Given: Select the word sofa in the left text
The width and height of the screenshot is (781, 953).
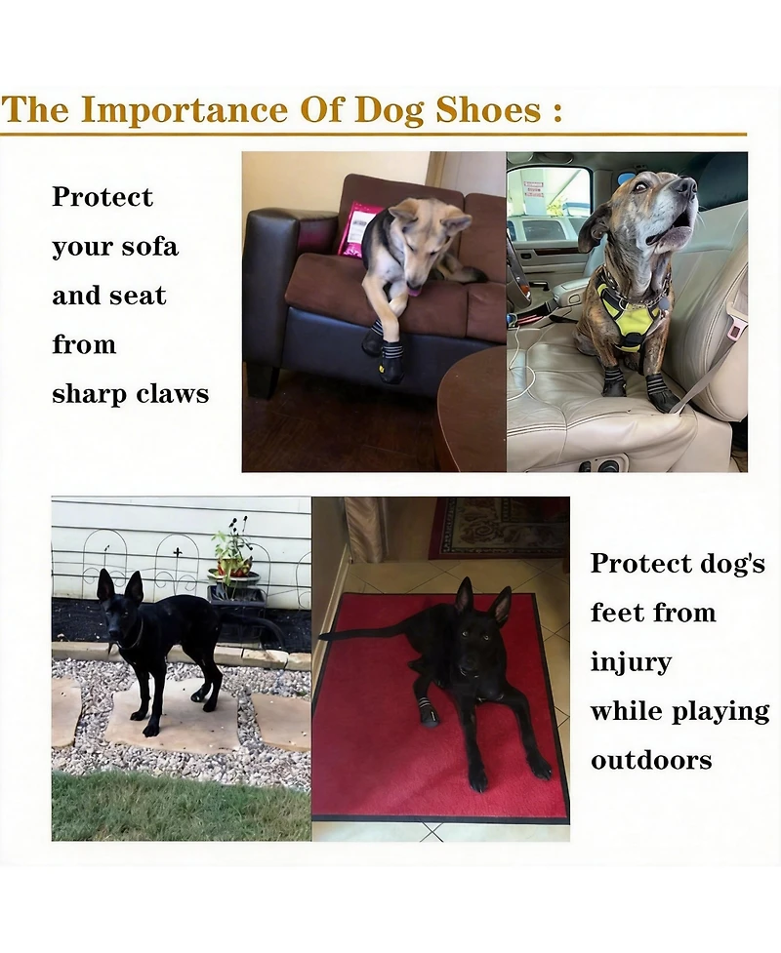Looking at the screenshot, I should point(150,247).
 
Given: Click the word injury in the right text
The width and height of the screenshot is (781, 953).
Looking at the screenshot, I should point(631,662).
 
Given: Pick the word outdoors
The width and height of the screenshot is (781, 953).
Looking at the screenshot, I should point(650,760).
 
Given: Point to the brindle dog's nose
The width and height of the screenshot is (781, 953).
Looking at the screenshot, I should point(685,184).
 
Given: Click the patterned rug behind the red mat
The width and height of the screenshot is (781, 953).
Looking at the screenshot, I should point(498,527).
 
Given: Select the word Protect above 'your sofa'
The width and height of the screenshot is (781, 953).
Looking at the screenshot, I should point(103,197).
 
